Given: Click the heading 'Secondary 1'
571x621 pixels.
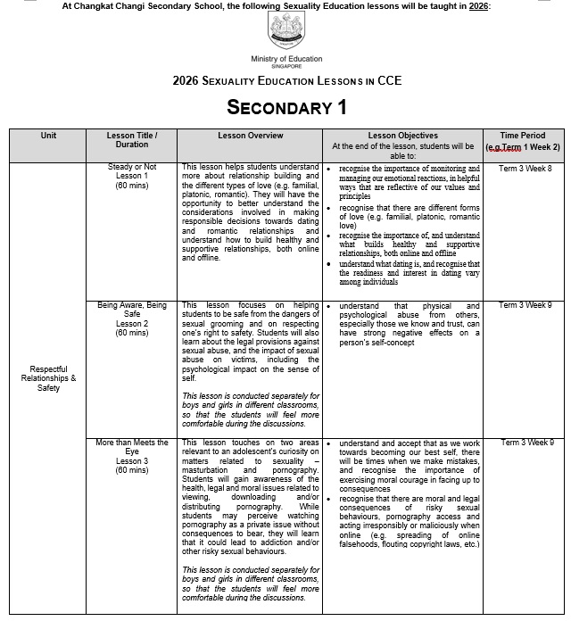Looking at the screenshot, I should coord(286,108).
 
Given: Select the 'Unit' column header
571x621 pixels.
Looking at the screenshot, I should coord(48,136).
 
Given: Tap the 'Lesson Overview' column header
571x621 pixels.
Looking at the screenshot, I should coord(251,136).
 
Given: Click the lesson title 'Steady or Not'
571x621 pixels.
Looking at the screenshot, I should coord(132,167).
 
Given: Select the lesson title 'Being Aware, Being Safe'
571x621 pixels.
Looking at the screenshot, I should coord(132,310).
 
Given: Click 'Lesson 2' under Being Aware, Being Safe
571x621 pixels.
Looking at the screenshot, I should coord(132,324).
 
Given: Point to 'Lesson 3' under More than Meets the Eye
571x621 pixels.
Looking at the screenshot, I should coord(132,461).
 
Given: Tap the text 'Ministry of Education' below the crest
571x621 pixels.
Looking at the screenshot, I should coord(286,58).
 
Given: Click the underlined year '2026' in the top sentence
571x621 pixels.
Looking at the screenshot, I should coord(478,5).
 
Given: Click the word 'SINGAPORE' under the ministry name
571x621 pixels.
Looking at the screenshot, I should coord(286,66).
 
